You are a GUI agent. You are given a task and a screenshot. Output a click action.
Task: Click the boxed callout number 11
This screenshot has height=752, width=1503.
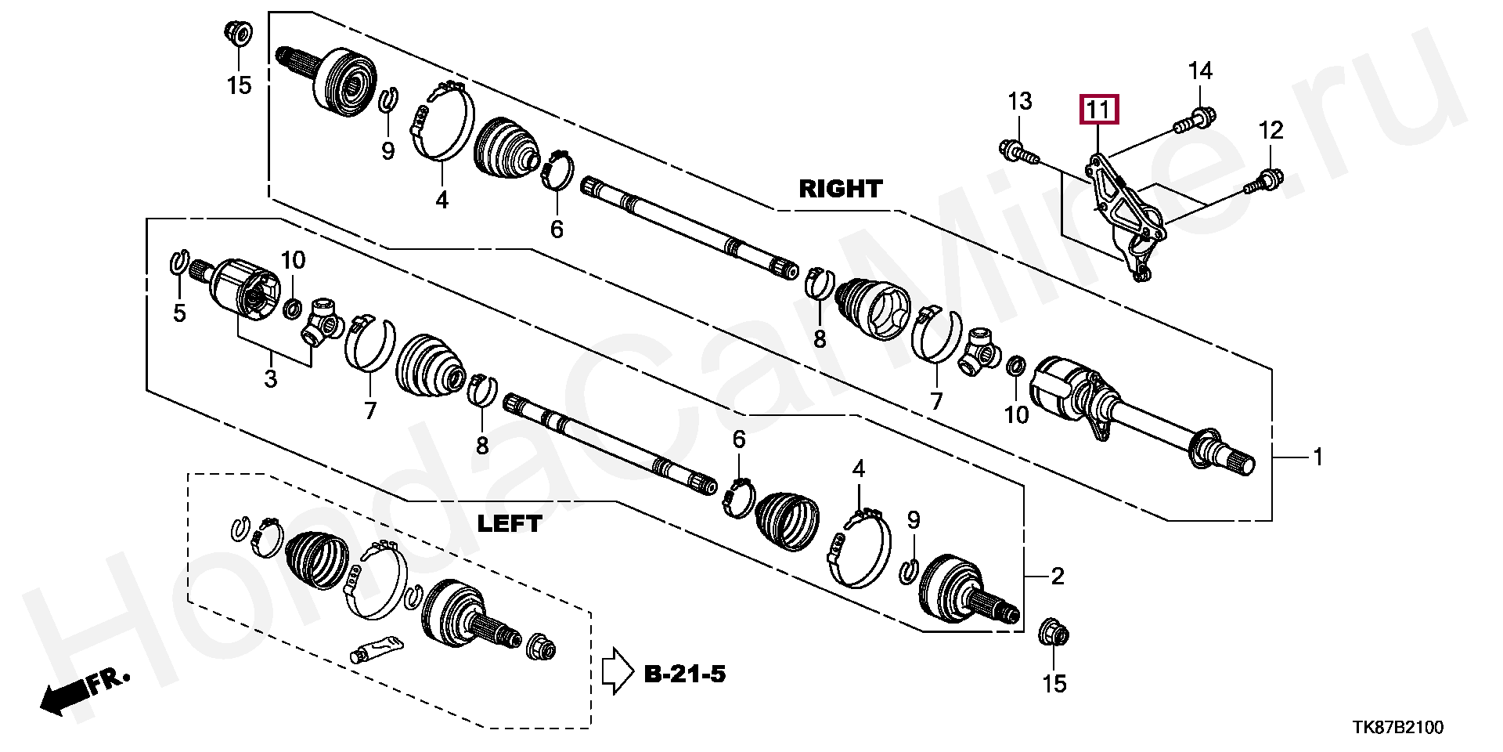coord(1099,110)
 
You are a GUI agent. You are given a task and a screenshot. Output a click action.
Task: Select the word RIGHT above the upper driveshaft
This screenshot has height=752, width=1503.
coord(840,189)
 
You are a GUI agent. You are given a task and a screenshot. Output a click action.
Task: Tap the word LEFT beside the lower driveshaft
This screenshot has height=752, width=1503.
coord(510,523)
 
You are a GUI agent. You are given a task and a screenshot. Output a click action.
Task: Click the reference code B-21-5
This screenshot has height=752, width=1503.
coord(685,673)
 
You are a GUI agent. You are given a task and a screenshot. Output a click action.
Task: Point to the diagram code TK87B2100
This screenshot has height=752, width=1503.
coord(1398,728)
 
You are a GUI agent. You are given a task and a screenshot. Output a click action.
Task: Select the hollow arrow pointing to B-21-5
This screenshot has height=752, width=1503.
coord(616,671)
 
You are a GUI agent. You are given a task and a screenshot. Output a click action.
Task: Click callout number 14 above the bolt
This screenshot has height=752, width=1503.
coord(1200,71)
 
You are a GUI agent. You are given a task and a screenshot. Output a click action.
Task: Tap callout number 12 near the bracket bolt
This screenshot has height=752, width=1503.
coord(1271,130)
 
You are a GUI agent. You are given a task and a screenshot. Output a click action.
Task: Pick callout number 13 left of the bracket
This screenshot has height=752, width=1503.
coord(1019,101)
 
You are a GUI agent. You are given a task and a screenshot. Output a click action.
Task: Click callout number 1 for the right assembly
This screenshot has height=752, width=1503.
coord(1317,456)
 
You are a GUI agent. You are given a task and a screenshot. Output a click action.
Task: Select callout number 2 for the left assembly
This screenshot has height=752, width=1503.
coord(1058,577)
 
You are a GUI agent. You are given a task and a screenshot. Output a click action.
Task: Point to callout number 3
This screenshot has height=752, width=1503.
coord(270,379)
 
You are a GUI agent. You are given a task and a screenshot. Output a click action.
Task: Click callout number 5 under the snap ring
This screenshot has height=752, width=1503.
coord(179,314)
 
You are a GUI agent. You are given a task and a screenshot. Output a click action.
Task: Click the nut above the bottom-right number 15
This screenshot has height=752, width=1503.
coord(1054,632)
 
